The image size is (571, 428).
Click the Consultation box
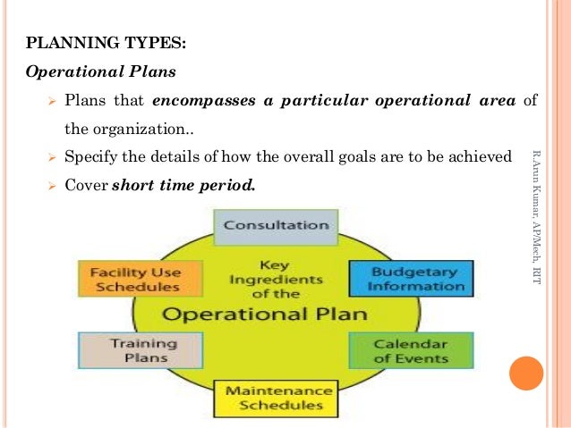tap(276, 225)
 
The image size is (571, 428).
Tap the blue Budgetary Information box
tap(411, 278)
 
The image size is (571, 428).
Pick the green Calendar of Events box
tap(411, 350)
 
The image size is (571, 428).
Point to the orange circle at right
tap(525, 373)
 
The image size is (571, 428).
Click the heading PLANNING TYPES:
tap(107, 42)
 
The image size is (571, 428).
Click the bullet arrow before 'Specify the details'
tap(51, 158)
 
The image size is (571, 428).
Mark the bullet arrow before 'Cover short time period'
tap(51, 187)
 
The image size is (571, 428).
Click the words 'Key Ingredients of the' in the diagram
tap(275, 280)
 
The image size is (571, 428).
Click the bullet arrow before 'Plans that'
tap(51, 101)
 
